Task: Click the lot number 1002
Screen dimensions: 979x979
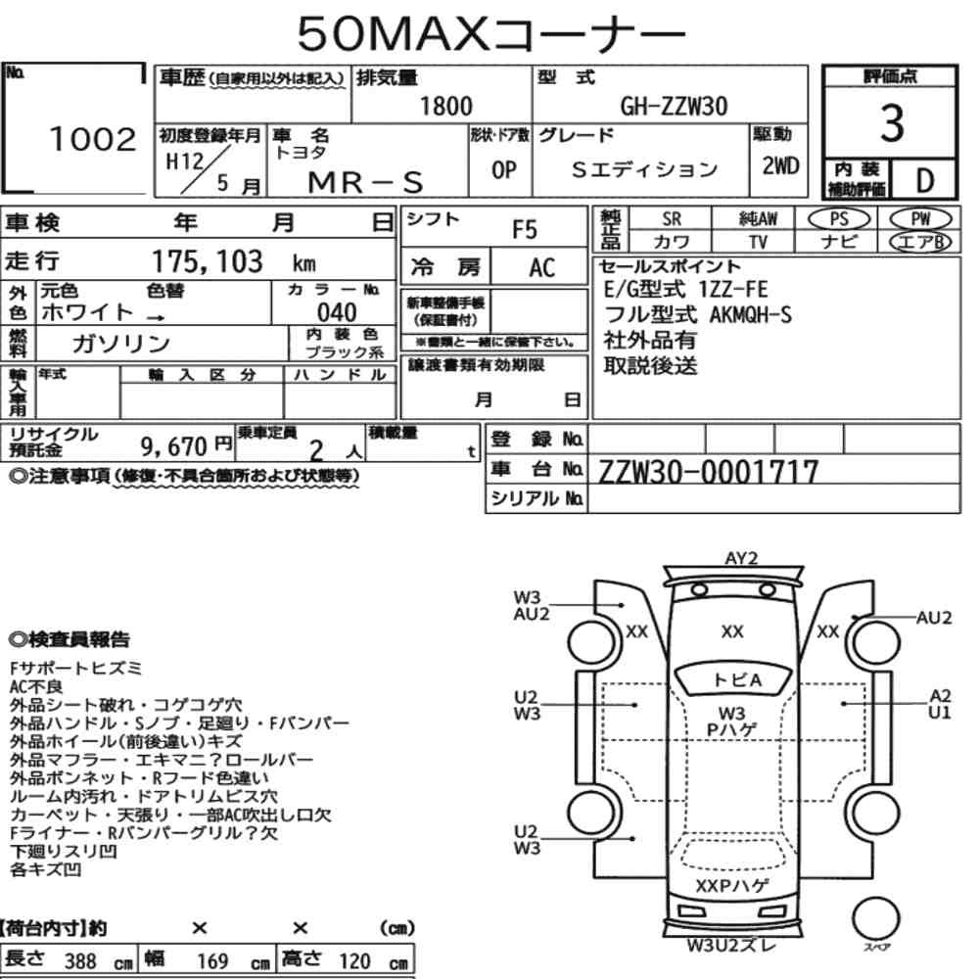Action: pyautogui.click(x=92, y=139)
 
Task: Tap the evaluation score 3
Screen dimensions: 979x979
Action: pyautogui.click(x=892, y=123)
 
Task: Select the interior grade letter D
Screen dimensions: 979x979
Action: pyautogui.click(x=924, y=180)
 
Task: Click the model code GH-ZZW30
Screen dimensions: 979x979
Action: pyautogui.click(x=674, y=106)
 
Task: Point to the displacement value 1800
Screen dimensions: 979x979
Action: pyautogui.click(x=445, y=106)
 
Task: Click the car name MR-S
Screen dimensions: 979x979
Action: pyautogui.click(x=366, y=182)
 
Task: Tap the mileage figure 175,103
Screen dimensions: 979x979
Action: pyautogui.click(x=208, y=261)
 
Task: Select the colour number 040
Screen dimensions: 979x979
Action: pyautogui.click(x=337, y=312)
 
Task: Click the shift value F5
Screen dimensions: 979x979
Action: pyautogui.click(x=525, y=230)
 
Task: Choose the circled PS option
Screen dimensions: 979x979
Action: pyautogui.click(x=839, y=219)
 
